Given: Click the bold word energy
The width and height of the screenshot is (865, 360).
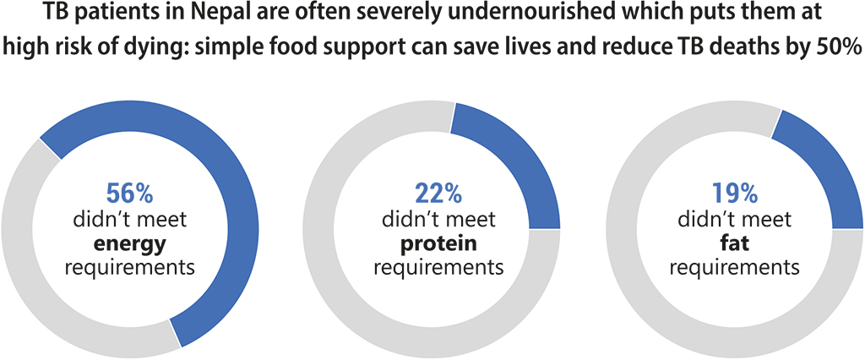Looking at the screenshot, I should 130,245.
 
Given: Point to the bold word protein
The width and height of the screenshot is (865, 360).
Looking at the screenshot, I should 438,245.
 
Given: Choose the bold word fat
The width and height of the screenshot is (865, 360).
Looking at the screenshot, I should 734,245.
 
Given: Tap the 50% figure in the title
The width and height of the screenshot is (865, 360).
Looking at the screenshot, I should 841,47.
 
